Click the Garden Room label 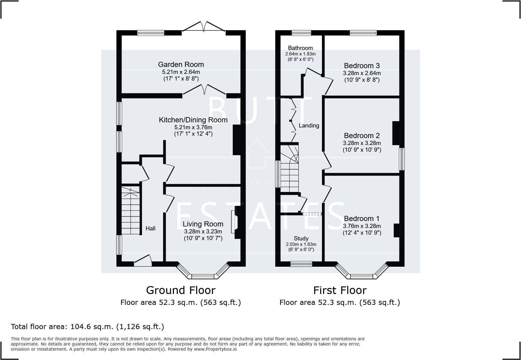[x=181, y=64]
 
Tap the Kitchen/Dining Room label [x=193, y=120]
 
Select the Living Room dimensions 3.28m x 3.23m [x=203, y=232]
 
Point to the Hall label [x=150, y=229]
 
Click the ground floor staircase [x=131, y=210]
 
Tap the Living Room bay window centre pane [x=203, y=276]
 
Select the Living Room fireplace [x=235, y=222]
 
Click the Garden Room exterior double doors [x=204, y=27]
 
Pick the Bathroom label [x=300, y=48]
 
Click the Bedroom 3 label [x=362, y=66]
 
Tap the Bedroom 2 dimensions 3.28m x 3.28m [x=362, y=143]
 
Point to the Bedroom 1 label [x=362, y=219]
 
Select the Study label [x=301, y=239]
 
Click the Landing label [x=309, y=126]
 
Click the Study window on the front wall [x=301, y=264]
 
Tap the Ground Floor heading [x=181, y=290]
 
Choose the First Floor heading [x=340, y=290]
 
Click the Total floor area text [x=87, y=327]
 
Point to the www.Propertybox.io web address [x=215, y=349]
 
